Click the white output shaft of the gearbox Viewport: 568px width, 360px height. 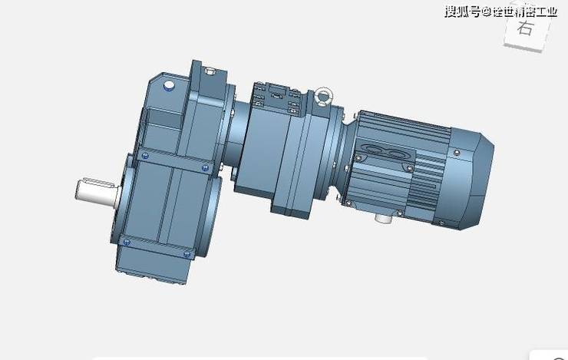97,193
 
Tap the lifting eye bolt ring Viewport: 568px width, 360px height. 322,97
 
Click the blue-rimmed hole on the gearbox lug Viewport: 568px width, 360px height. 169,86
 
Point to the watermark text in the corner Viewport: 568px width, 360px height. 500,12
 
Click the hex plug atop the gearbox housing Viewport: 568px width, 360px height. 210,71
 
